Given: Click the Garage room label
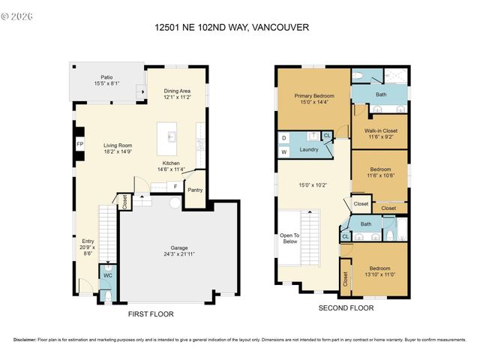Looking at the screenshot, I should point(178,248).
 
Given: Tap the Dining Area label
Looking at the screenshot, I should point(178,92).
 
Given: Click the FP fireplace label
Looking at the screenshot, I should point(79,145).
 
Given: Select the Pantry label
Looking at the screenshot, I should point(195,190).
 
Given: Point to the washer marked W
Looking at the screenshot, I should point(284,152).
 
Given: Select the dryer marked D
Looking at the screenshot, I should point(284,138).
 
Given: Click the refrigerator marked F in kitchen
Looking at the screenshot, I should point(175,186).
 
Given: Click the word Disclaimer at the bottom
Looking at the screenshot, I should point(28,340).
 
